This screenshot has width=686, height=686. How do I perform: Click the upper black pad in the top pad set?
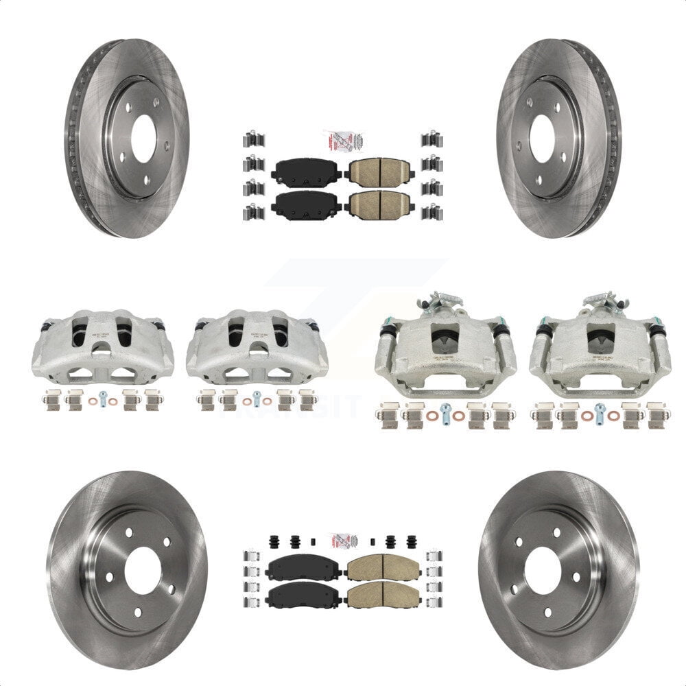pyautogui.click(x=307, y=170)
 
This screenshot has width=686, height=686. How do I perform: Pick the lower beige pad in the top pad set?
pyautogui.click(x=379, y=203)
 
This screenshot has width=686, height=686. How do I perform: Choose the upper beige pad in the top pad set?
pyautogui.click(x=379, y=170)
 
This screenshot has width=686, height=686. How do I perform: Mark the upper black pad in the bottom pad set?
pyautogui.click(x=304, y=568)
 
